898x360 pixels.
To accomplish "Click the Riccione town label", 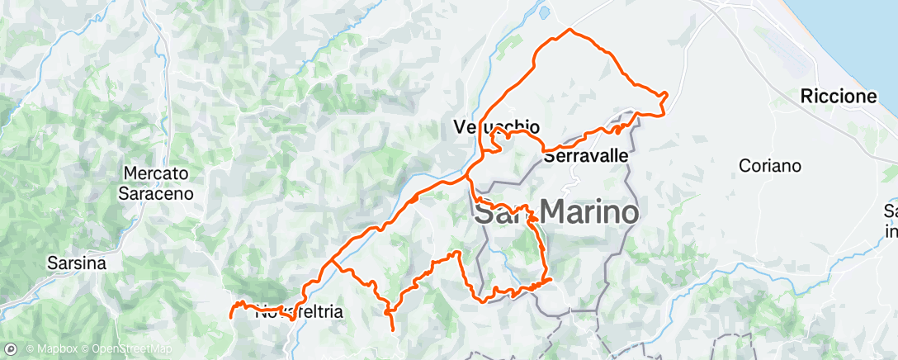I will pyautogui.click(x=838, y=97).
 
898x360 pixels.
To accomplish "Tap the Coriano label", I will pyautogui.click(x=769, y=165).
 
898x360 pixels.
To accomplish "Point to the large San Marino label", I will pyautogui.click(x=556, y=213).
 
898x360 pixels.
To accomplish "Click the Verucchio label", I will pyautogui.click(x=497, y=127).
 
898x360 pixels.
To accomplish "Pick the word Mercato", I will pyautogui.click(x=157, y=174).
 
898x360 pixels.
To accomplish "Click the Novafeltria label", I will pyautogui.click(x=297, y=312).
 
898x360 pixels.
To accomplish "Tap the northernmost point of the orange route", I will pyautogui.click(x=570, y=30).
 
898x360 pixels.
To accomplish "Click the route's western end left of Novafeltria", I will pyautogui.click(x=229, y=314).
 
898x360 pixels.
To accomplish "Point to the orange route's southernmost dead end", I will pyautogui.click(x=391, y=330).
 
